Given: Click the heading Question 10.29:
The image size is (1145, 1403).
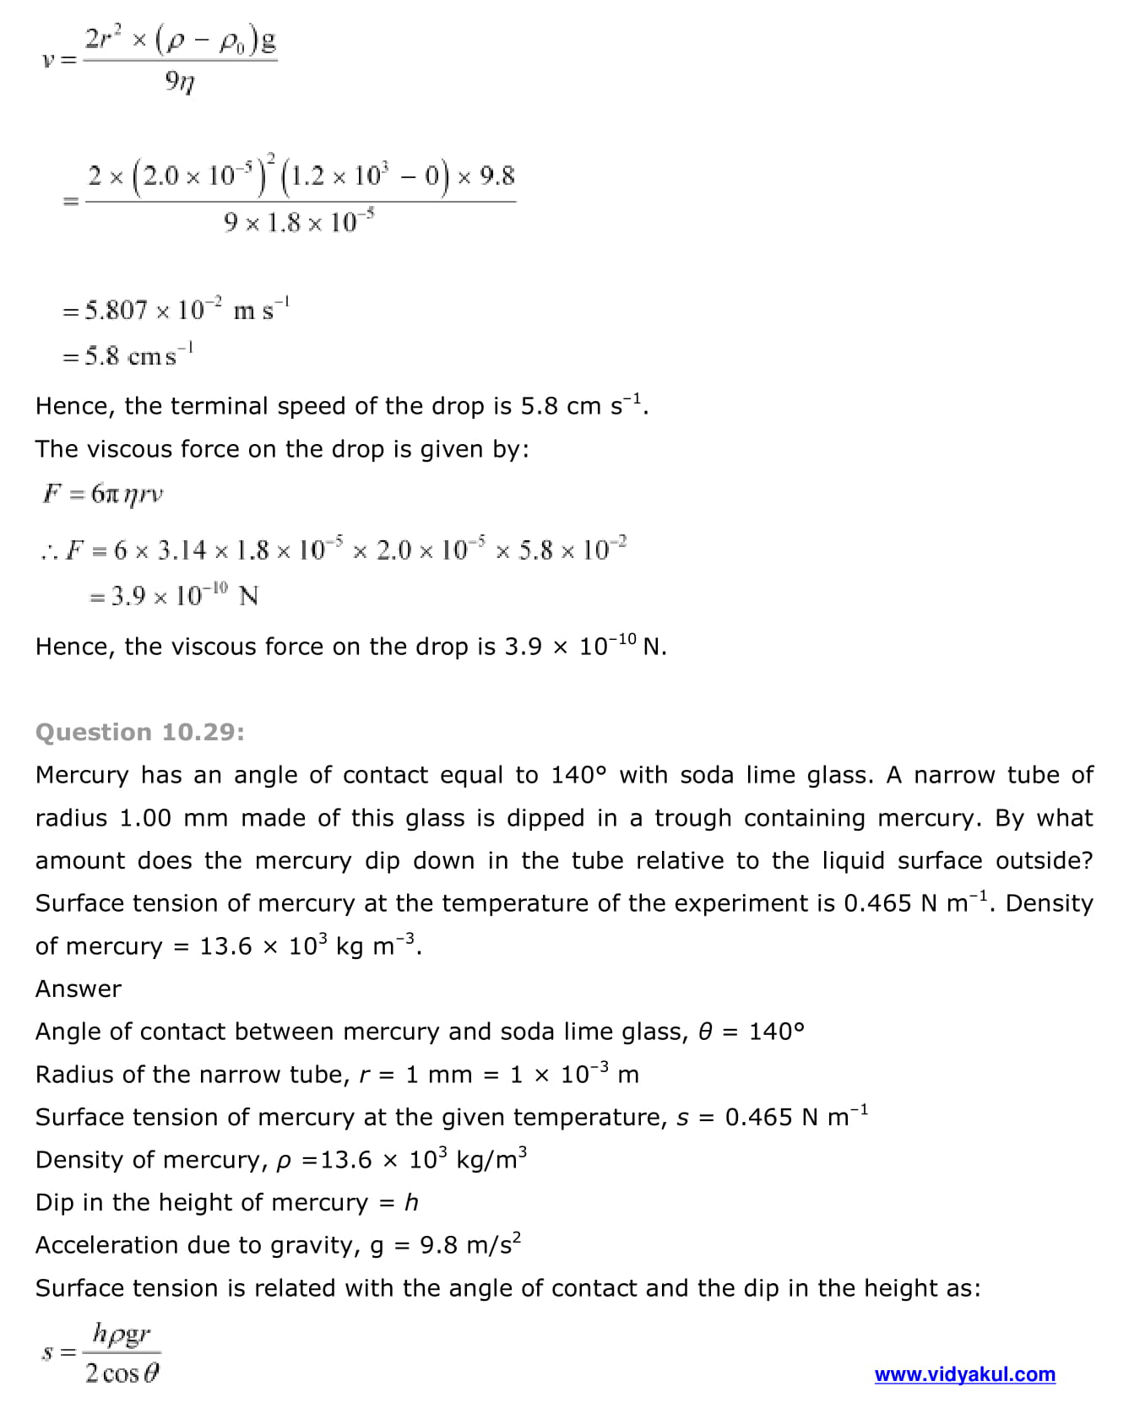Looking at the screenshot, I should click(140, 732).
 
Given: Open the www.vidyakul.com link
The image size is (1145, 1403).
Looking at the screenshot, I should click(964, 1374).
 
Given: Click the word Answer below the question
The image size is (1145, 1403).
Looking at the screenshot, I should click(79, 989).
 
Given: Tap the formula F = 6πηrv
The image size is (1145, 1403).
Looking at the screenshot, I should click(103, 494).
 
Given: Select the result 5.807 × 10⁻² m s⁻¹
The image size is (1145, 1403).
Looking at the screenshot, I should click(176, 310).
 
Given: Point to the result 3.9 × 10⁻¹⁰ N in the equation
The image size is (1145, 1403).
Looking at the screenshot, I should click(173, 596).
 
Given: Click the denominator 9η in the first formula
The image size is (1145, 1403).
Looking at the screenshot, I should click(180, 82).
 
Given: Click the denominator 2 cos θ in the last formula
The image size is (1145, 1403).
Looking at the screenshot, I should click(122, 1374).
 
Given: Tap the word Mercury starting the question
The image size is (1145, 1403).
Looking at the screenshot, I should click(82, 775).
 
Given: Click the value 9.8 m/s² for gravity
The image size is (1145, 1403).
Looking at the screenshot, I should click(470, 1245).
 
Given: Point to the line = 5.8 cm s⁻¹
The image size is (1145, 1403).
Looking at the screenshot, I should click(128, 355).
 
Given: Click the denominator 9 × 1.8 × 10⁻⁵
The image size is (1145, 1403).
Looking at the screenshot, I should click(299, 222).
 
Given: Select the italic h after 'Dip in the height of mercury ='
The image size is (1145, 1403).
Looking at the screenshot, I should click(411, 1202).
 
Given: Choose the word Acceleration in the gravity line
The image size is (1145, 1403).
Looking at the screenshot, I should click(108, 1245).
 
